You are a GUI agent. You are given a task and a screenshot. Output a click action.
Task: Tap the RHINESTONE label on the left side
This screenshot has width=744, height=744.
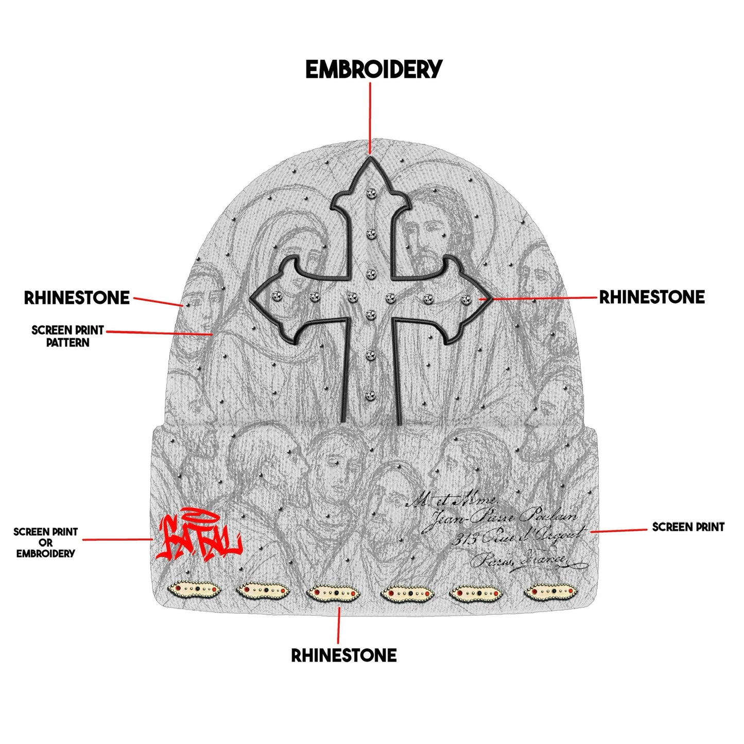pos(77,298)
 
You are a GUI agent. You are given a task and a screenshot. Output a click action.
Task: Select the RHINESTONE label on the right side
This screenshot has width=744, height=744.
pos(651,297)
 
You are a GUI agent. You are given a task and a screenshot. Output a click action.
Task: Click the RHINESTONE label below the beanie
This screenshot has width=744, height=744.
pos(344,655)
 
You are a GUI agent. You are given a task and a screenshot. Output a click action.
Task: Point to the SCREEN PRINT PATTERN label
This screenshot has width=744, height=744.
pos(67,336)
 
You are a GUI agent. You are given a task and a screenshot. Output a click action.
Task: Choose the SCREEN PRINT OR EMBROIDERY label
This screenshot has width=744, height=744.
pos(45,543)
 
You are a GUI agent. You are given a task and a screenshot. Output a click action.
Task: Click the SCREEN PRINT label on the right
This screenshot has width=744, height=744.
pos(688,527)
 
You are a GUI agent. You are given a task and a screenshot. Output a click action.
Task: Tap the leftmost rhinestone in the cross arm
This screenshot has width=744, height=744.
pos(275,296)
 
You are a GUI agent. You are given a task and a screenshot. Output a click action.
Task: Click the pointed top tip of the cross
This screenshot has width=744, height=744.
pos(370,157)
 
